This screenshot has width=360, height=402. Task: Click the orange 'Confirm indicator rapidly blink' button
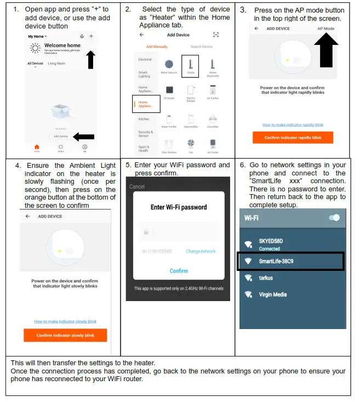(293, 138)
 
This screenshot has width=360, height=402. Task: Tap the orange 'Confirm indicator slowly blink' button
(65, 335)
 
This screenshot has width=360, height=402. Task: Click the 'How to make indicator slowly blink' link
(65, 321)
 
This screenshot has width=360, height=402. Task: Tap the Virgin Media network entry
(273, 295)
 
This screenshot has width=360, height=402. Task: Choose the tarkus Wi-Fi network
(266, 278)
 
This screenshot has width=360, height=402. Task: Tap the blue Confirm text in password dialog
(179, 271)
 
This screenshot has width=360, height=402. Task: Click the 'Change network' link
(201, 251)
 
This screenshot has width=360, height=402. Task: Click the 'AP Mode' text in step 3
(325, 29)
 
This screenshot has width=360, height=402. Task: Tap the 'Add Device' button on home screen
(60, 136)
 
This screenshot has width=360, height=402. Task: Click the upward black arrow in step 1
(91, 58)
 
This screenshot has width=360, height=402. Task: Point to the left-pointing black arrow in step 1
(83, 137)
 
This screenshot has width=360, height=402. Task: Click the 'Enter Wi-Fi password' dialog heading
(179, 207)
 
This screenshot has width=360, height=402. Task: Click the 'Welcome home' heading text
(62, 46)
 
